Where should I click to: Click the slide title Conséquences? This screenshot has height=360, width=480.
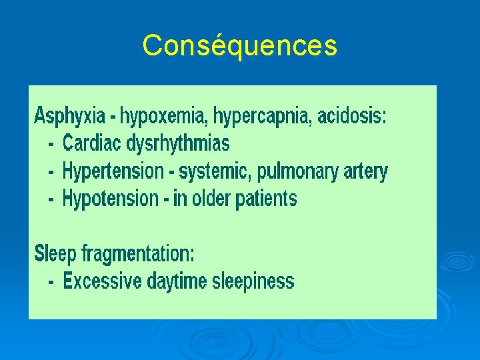239,46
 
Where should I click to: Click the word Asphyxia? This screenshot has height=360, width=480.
69,116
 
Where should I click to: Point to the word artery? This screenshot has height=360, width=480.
365,171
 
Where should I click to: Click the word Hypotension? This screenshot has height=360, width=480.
111,198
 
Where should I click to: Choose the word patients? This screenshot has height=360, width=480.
266,198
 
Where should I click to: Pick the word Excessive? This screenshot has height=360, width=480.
102,281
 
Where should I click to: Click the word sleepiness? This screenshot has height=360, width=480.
253,281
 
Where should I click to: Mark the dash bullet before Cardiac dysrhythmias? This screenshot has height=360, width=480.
51,144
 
